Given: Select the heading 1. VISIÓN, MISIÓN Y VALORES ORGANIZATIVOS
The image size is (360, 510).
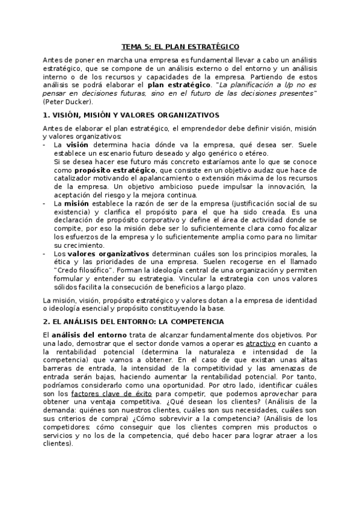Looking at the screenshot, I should (131, 114).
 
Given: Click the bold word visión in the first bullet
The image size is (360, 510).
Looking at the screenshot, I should (77, 145).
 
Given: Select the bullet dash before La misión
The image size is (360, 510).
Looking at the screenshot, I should (46, 203).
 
